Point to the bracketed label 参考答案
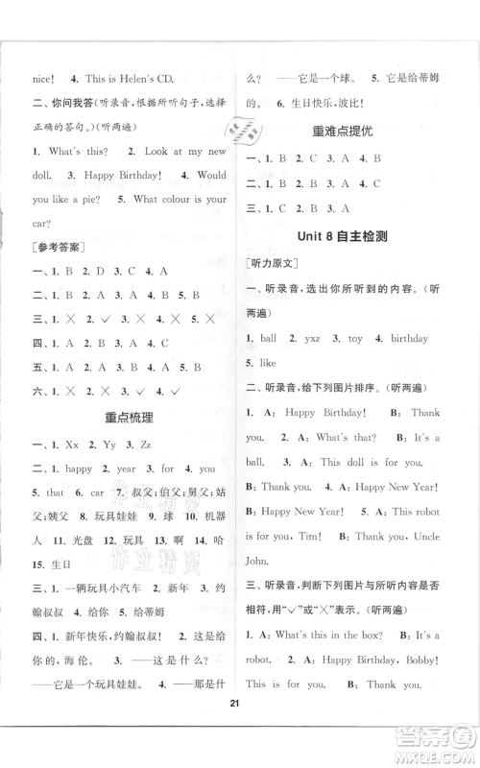click(55, 246)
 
